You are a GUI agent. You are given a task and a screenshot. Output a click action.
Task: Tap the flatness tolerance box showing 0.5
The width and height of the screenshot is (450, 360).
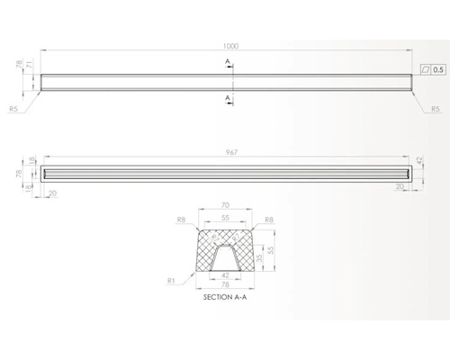(432, 68)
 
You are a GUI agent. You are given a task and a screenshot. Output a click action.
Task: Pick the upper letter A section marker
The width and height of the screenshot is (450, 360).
(229, 61)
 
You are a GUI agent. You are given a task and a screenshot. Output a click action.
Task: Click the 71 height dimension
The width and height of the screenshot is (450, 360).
(31, 66)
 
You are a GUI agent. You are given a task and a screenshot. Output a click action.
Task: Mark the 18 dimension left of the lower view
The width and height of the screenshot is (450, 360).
(32, 160)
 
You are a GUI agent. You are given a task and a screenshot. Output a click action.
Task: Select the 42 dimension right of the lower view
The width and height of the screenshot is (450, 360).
(420, 161)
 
